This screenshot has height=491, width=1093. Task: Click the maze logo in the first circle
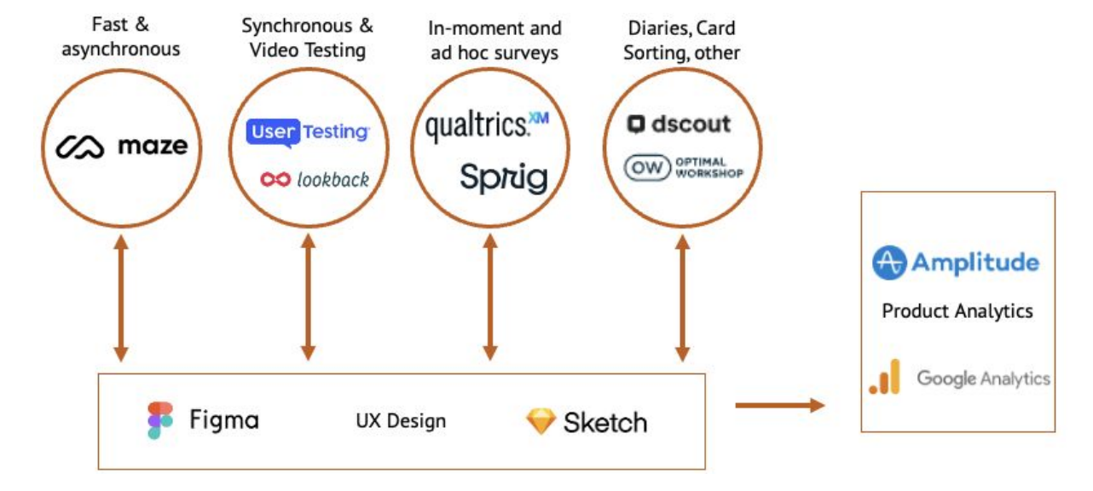tap(121, 147)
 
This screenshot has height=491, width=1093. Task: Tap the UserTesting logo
tap(308, 132)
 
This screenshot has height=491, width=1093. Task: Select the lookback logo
tap(315, 179)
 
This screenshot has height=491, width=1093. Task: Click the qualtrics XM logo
tap(487, 125)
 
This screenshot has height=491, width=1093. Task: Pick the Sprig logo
tap(503, 177)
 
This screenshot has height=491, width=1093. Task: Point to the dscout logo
tap(680, 124)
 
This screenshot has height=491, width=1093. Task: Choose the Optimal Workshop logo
tap(683, 167)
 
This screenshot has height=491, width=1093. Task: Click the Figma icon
tap(159, 420)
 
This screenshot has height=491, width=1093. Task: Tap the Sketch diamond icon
tap(541, 421)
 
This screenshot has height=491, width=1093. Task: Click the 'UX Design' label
tap(401, 420)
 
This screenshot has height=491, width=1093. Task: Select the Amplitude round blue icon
tap(888, 263)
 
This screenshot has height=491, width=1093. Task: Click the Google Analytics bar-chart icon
tap(885, 378)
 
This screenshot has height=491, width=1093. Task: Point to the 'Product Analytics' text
tap(957, 311)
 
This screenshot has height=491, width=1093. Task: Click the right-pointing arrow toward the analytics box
tap(779, 405)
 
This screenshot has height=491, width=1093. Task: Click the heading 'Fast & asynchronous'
tap(120, 38)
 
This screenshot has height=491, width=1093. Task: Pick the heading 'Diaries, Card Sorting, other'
tap(681, 40)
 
